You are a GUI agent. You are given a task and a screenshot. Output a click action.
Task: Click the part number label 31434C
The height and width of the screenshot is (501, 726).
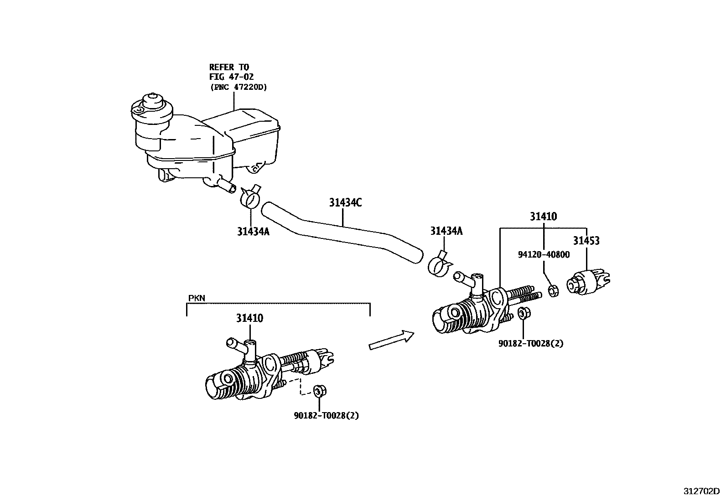[345, 202]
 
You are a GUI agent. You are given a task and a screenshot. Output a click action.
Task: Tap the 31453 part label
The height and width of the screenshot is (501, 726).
[586, 240]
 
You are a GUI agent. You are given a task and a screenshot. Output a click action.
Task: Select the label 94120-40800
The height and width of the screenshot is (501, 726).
[544, 255]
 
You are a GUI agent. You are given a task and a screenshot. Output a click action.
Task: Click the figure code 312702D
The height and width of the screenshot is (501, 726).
[701, 491]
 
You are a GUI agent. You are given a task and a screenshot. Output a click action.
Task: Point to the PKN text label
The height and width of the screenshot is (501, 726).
[197, 298]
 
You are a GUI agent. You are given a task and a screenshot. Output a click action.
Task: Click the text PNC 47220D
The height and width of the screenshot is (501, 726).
[239, 87]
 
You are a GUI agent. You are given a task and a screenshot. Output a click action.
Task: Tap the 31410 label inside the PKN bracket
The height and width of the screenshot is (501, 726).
[249, 318]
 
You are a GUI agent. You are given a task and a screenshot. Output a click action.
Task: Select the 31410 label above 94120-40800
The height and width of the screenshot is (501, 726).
[544, 217]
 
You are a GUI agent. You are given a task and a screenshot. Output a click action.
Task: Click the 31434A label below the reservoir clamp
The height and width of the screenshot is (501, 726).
[253, 232]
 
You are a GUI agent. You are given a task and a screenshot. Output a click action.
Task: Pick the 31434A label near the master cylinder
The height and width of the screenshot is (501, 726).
[446, 231]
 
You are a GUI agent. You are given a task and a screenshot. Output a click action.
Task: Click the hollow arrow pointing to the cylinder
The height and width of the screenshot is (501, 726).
[392, 340]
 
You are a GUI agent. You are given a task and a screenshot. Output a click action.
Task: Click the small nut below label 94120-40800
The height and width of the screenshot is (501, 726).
[554, 291]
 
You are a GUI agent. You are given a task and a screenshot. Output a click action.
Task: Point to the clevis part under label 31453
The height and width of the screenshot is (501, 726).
[588, 282]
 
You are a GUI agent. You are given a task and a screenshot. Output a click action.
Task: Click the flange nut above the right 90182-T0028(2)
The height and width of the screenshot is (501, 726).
[524, 313]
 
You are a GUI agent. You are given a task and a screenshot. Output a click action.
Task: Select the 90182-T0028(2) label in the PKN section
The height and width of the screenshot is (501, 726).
[327, 415]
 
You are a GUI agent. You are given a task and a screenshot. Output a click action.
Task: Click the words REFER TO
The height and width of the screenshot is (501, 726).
[229, 67]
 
